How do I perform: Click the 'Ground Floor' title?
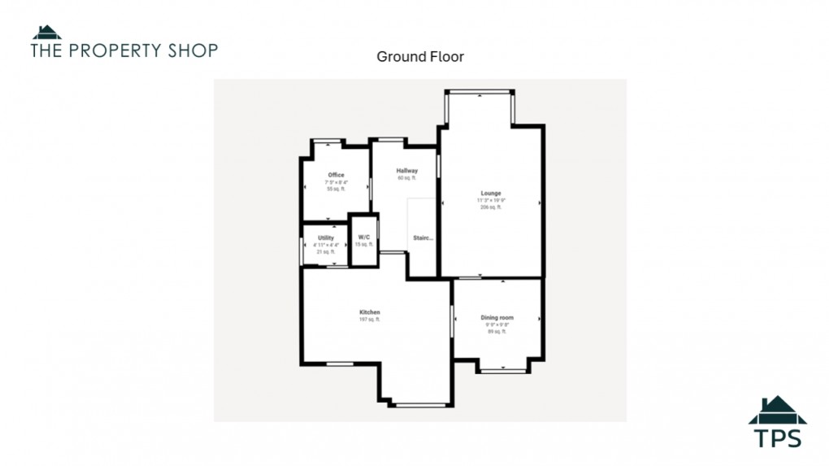tap(419, 57)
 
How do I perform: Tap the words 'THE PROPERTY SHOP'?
tap(124, 50)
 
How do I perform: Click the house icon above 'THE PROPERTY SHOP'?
tap(46, 33)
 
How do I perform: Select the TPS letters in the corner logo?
tap(777, 438)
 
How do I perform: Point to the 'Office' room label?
tap(336, 175)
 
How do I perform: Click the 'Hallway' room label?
tap(407, 171)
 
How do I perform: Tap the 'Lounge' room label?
tap(491, 194)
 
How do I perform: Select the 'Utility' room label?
tap(325, 238)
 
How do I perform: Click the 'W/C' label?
tap(363, 238)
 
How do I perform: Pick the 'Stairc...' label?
tap(423, 238)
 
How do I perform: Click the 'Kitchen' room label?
tap(370, 312)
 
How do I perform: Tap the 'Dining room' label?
tap(497, 318)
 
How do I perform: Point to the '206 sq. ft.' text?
tap(491, 207)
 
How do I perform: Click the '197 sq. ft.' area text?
tap(370, 320)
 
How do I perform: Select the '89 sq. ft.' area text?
tap(497, 332)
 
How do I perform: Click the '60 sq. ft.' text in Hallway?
tap(407, 178)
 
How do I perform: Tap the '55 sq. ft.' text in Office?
tap(336, 189)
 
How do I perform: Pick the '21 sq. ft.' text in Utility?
tap(325, 252)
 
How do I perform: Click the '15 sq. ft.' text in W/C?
tap(363, 245)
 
